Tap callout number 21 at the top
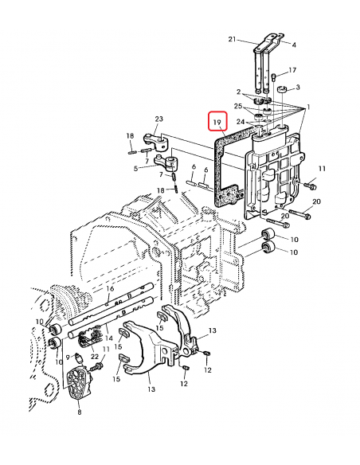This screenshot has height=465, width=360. pos(233,39)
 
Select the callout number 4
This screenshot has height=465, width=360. pos(293,45)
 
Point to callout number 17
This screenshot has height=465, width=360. pos(292,69)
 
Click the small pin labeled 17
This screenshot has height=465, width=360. pos(273,77)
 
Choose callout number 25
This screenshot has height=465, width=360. pos(237,106)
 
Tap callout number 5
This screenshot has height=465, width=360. pos(136,168)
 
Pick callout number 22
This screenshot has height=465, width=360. pos(96,356)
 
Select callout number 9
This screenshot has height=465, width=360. pos(68,357)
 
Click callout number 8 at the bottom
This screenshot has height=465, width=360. pos(79,412)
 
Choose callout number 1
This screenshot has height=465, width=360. pos(309,107)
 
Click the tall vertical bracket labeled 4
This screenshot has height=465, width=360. pos(262,72)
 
